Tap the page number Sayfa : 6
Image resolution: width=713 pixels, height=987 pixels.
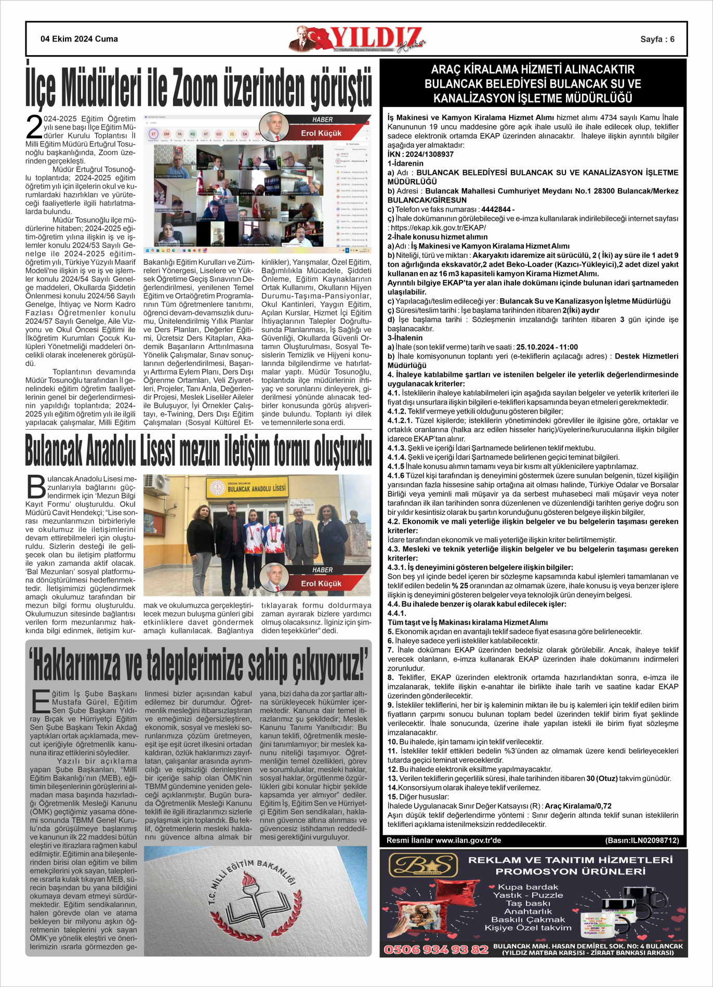tap(657, 39)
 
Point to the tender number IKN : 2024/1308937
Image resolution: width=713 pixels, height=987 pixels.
tap(420, 154)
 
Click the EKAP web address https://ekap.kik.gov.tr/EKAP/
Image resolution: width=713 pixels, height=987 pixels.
tap(438, 228)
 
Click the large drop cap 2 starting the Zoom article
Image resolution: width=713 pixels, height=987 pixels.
tap(34, 128)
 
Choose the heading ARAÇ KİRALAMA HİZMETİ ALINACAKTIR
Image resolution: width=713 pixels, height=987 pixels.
tap(533, 70)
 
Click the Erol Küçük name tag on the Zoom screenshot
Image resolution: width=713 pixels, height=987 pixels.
tap(321, 134)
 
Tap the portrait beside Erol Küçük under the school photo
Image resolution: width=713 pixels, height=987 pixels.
tap(274, 577)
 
